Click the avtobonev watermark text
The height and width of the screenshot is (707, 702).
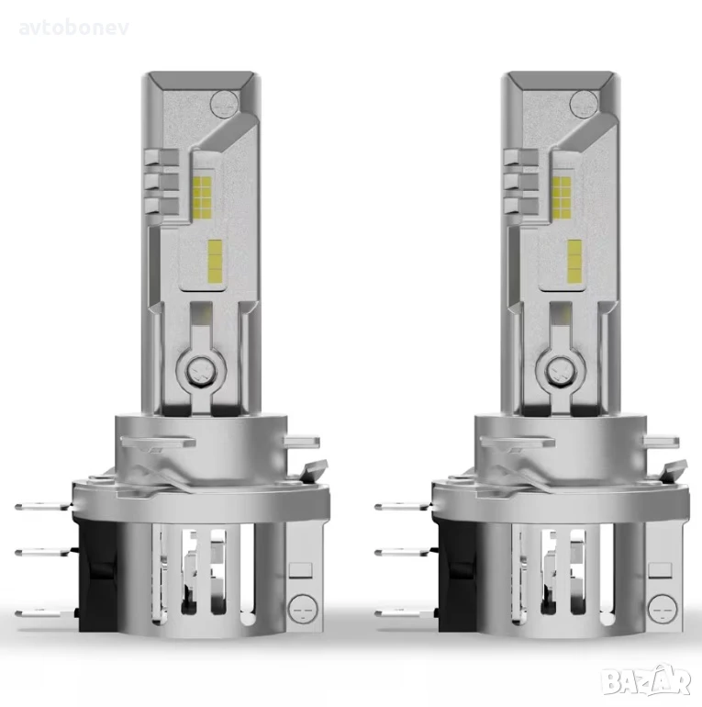click(74, 28)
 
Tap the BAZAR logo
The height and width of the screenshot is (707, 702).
click(647, 680)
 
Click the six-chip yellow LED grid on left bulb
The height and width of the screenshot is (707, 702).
click(202, 196)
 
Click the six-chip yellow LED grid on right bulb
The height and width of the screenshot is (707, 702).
click(562, 196)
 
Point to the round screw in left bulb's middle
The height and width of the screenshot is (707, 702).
click(197, 369)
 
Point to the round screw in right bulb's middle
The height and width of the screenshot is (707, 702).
click(556, 369)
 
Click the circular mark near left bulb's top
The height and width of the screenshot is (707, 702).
click(224, 103)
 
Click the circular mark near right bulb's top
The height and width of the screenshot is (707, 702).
click(584, 103)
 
